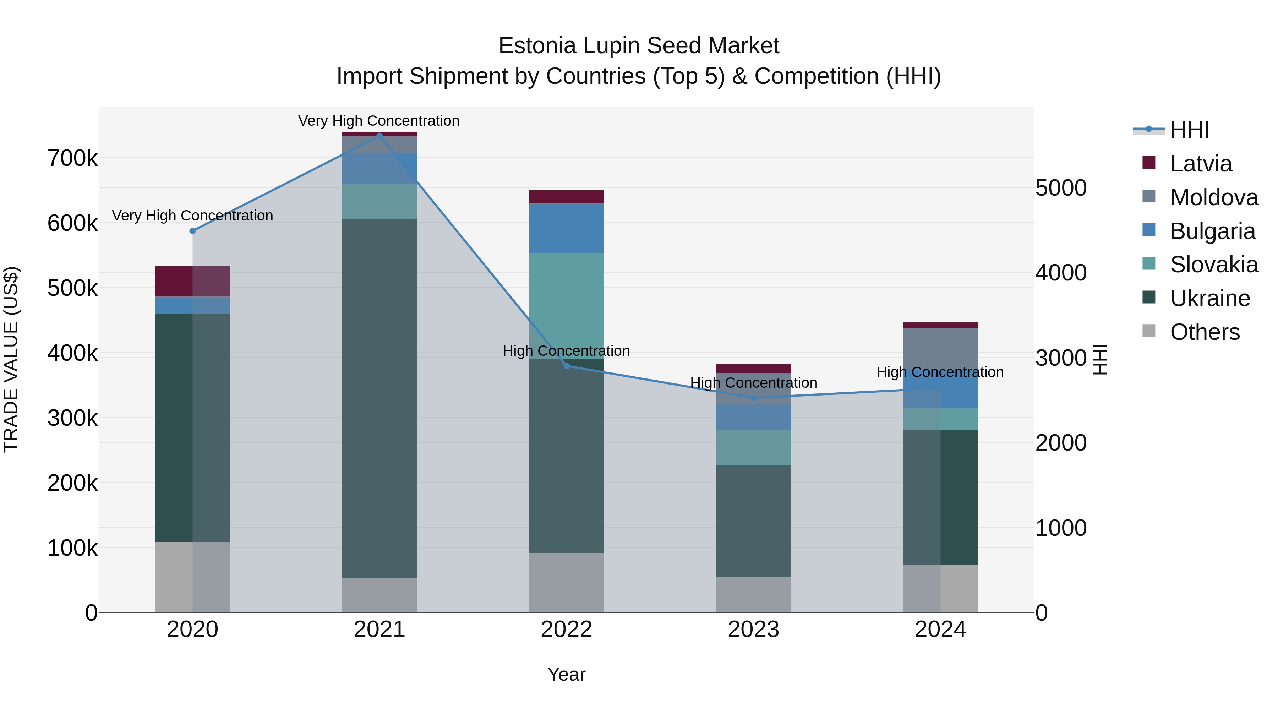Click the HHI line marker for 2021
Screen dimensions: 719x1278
point(379,136)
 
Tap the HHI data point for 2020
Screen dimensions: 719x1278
point(192,231)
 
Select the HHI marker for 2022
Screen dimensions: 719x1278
point(567,366)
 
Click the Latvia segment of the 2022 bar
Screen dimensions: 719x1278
point(566,196)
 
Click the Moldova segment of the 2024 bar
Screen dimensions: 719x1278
point(940,347)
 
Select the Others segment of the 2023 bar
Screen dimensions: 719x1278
point(753,594)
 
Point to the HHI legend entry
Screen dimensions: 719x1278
point(1189,130)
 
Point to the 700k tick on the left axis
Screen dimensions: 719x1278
point(72,159)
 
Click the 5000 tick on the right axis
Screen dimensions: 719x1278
point(1061,188)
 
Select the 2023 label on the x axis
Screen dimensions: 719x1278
point(753,630)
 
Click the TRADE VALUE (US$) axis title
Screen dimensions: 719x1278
point(11,359)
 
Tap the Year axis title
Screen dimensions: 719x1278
point(566,674)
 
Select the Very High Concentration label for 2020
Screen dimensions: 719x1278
point(192,216)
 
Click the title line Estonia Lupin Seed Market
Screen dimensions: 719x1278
point(639,46)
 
